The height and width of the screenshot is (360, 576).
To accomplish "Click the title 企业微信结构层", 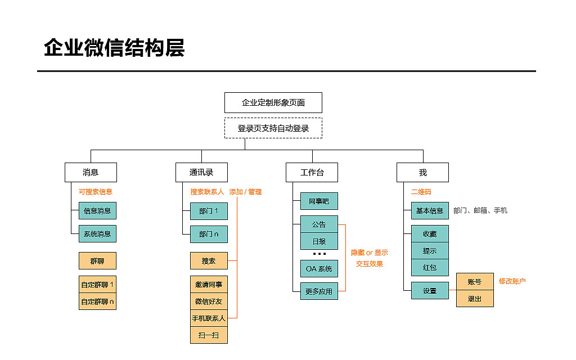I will [114, 48].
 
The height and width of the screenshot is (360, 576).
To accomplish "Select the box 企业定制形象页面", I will [273, 103].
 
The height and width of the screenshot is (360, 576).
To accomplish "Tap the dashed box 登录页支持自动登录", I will [273, 128].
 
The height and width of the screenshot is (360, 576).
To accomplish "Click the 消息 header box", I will [91, 172].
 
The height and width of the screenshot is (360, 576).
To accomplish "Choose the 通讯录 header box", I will [201, 172].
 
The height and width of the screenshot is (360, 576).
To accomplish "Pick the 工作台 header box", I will [312, 172].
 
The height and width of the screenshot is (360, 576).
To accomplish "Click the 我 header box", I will [422, 172].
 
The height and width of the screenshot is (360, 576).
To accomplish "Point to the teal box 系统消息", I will [97, 234].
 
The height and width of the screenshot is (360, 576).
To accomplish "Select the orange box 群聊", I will [97, 261].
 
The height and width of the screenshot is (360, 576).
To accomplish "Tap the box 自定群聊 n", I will [97, 301].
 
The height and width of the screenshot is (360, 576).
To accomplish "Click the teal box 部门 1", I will [209, 211].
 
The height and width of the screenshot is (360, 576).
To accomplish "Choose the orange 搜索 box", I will [209, 261].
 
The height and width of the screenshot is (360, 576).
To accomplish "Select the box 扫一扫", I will [209, 335].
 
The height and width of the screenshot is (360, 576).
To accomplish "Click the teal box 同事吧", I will [319, 201].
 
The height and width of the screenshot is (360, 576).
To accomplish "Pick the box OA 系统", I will [319, 269].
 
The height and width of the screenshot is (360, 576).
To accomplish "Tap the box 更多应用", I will [319, 291].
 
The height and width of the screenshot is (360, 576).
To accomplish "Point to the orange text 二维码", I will [421, 192].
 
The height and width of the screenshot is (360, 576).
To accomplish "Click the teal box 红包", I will [430, 268].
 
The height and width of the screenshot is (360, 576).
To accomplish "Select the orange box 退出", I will [475, 299].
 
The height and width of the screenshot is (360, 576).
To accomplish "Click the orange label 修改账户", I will [512, 281].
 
